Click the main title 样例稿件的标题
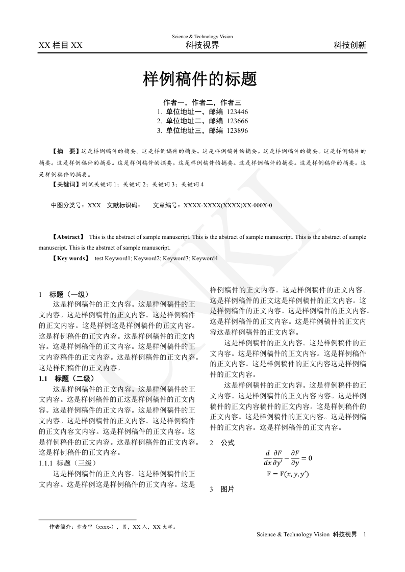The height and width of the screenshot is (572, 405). coord(199,79)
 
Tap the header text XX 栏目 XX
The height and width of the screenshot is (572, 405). coord(60,45)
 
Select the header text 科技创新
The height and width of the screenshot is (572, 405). coord(350,45)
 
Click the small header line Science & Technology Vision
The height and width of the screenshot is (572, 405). coord(202,37)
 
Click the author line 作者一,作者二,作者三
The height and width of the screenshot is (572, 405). coord(202,102)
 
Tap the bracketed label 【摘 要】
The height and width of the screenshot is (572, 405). coord(66,151)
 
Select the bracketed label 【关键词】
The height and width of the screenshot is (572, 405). coord(66,184)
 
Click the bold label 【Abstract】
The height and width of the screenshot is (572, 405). coord(68,237)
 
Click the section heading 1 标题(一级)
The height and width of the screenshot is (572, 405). coord(64,294)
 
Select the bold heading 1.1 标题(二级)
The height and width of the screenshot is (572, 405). coord(67,378)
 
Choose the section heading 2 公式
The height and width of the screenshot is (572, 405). coord(222,443)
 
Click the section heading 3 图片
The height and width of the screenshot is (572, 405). coord(222,489)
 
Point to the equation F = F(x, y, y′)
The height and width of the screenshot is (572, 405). coord(288,474)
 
